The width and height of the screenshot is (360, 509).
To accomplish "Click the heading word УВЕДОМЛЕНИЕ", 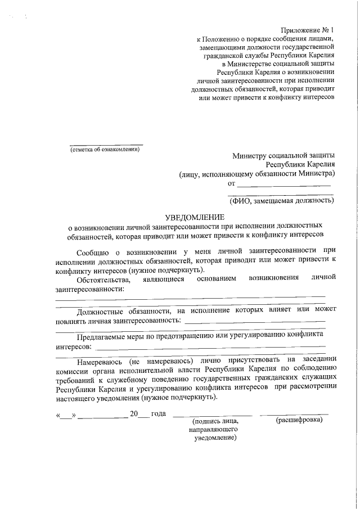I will pos(194,217).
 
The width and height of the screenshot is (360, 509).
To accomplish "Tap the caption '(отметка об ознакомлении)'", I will pos(104,149).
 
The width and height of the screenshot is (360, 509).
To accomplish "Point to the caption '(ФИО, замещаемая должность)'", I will pos(282,200).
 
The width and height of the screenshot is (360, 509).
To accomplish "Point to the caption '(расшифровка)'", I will pos(299,420).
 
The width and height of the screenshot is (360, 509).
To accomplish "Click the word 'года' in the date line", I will pos(159,414).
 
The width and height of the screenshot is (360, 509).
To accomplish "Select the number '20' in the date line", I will pos(134,414).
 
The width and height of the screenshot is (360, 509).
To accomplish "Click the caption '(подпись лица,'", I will pos(215,421).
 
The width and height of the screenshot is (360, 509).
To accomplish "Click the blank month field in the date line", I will pos(102,416).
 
